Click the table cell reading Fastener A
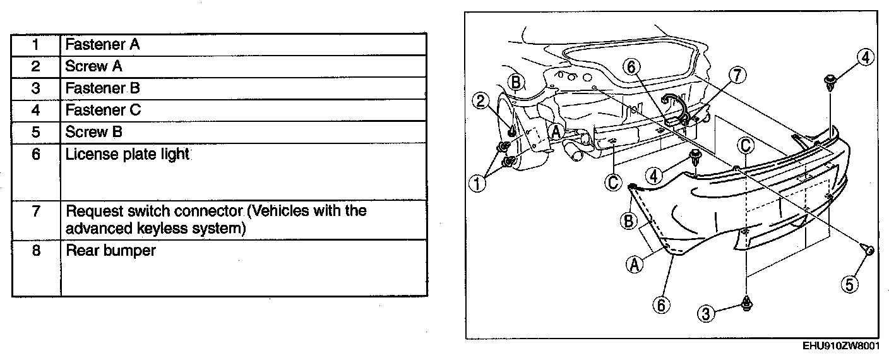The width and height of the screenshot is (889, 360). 103,45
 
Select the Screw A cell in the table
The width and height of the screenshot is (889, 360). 94,66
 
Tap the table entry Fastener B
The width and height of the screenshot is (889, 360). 103,88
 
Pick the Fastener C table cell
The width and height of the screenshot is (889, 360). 104,110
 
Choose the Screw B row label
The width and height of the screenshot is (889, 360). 94,132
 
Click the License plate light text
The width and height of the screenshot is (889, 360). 128,154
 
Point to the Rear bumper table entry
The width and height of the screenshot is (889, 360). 111,251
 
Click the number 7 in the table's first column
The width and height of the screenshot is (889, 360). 36,211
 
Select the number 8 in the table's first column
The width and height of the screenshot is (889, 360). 36,251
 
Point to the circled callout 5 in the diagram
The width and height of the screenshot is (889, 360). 850,285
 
